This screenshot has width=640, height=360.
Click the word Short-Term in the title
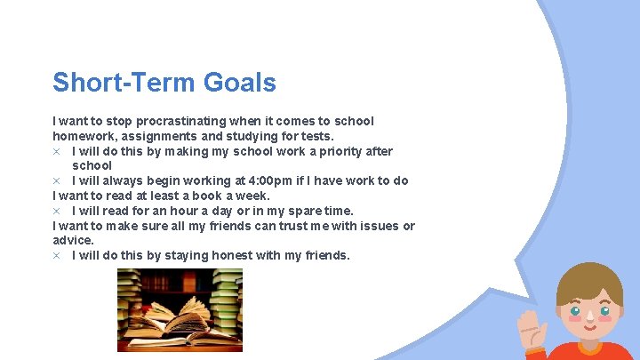point(124,83)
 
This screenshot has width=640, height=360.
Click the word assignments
point(163,136)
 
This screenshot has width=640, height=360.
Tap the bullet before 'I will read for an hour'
point(56,211)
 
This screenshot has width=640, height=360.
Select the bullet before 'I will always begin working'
point(56,180)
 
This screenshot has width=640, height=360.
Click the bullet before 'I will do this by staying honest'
point(56,255)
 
